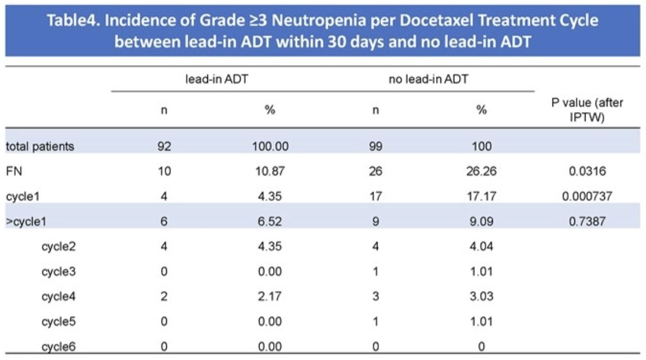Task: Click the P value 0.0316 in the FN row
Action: point(587,171)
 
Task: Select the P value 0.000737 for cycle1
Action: point(587,196)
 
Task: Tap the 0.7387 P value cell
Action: point(587,221)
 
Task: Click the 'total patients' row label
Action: point(40,146)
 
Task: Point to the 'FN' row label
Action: point(13,171)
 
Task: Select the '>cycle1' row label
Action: point(26,222)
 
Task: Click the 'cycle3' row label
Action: point(59,272)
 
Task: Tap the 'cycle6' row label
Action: point(59,347)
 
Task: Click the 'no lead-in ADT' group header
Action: point(429,78)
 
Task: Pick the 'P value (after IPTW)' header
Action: point(587,110)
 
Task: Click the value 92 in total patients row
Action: point(164,146)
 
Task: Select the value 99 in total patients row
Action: point(375,146)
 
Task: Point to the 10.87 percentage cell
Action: point(270,171)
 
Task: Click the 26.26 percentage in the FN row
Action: point(481,171)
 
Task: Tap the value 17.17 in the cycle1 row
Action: point(481,196)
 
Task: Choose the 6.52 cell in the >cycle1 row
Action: point(270,221)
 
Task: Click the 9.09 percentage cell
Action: point(481,221)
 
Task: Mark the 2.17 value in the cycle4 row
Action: point(270,296)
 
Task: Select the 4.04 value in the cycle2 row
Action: point(481,246)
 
